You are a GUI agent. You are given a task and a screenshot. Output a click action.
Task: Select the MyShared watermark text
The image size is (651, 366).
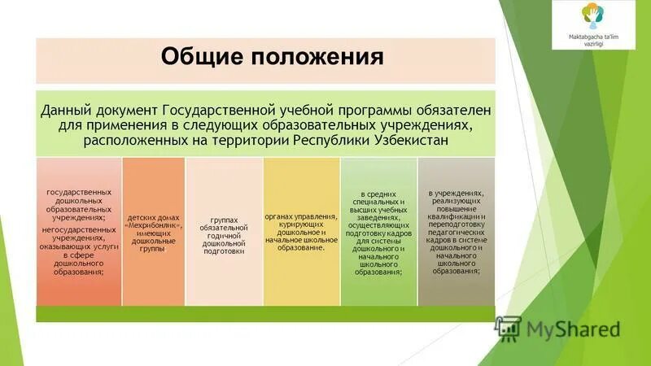point(574,329)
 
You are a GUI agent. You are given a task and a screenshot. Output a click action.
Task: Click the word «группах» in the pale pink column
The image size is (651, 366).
point(224,220)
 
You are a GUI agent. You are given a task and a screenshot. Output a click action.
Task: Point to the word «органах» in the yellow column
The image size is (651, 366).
point(282,216)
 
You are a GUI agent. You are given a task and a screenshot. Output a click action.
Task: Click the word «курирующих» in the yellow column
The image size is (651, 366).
point(301,224)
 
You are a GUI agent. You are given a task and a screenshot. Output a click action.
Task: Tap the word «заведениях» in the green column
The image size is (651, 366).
point(378,217)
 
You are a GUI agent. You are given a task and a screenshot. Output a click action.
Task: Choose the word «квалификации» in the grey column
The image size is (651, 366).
point(457,217)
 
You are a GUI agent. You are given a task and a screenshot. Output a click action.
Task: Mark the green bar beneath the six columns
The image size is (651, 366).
point(265,314)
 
